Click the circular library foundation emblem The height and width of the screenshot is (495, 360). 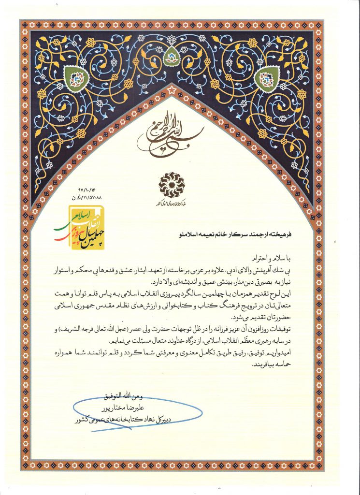click(x=172, y=183)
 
